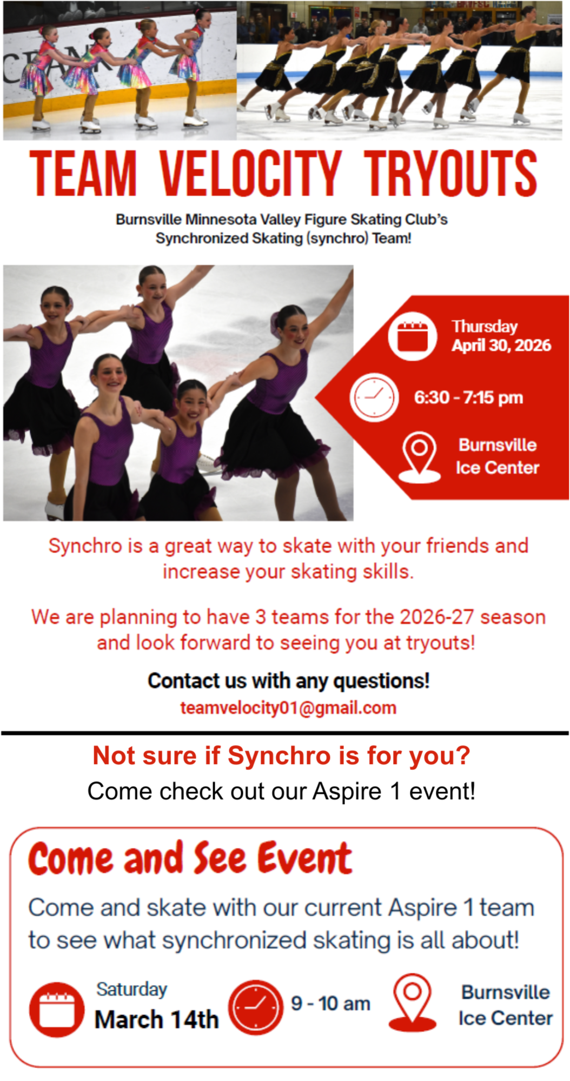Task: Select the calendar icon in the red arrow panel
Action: (x=412, y=336)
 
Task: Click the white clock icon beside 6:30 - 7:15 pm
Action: (x=374, y=397)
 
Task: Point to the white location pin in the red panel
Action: (x=420, y=457)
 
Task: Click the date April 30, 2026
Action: (x=501, y=346)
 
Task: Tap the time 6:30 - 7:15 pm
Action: (x=469, y=397)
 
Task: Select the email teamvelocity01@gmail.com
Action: (x=288, y=708)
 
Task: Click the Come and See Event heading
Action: (x=190, y=858)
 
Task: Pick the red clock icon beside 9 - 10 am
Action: (x=256, y=1007)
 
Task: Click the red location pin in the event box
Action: (x=413, y=1003)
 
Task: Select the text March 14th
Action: (x=157, y=1020)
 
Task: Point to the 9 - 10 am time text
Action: (x=331, y=1004)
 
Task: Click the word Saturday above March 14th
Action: (x=132, y=989)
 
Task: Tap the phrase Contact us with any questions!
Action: (x=289, y=681)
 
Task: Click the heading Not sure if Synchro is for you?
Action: (x=282, y=755)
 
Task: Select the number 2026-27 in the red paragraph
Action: (x=437, y=617)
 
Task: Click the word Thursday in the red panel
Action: (x=485, y=327)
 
